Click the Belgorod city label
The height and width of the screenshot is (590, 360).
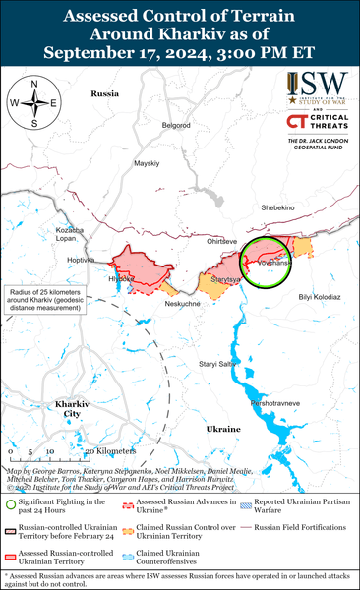click(175, 125)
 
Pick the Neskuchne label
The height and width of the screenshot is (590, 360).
click(154, 304)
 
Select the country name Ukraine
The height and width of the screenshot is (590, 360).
click(223, 429)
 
